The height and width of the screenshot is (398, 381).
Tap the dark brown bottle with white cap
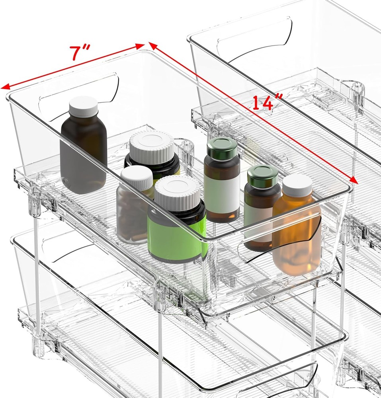coord(83,151)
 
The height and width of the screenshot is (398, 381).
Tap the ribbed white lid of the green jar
coord(177,191)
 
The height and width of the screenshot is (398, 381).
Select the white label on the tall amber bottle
coord(221,193)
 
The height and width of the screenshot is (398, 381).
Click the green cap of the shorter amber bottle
coord(263,176)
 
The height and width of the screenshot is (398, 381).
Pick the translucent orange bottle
coord(297,235)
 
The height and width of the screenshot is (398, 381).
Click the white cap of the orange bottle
coord(297,185)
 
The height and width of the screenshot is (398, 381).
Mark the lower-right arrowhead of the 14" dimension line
coord(354,180)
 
